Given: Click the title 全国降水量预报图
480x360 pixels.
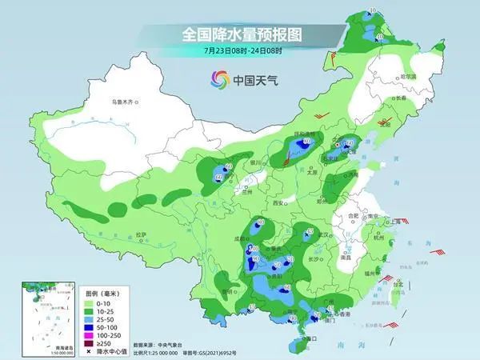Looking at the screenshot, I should (x=239, y=35).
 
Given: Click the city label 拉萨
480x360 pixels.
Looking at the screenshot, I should (x=142, y=234).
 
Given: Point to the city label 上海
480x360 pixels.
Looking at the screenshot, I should (x=394, y=221).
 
